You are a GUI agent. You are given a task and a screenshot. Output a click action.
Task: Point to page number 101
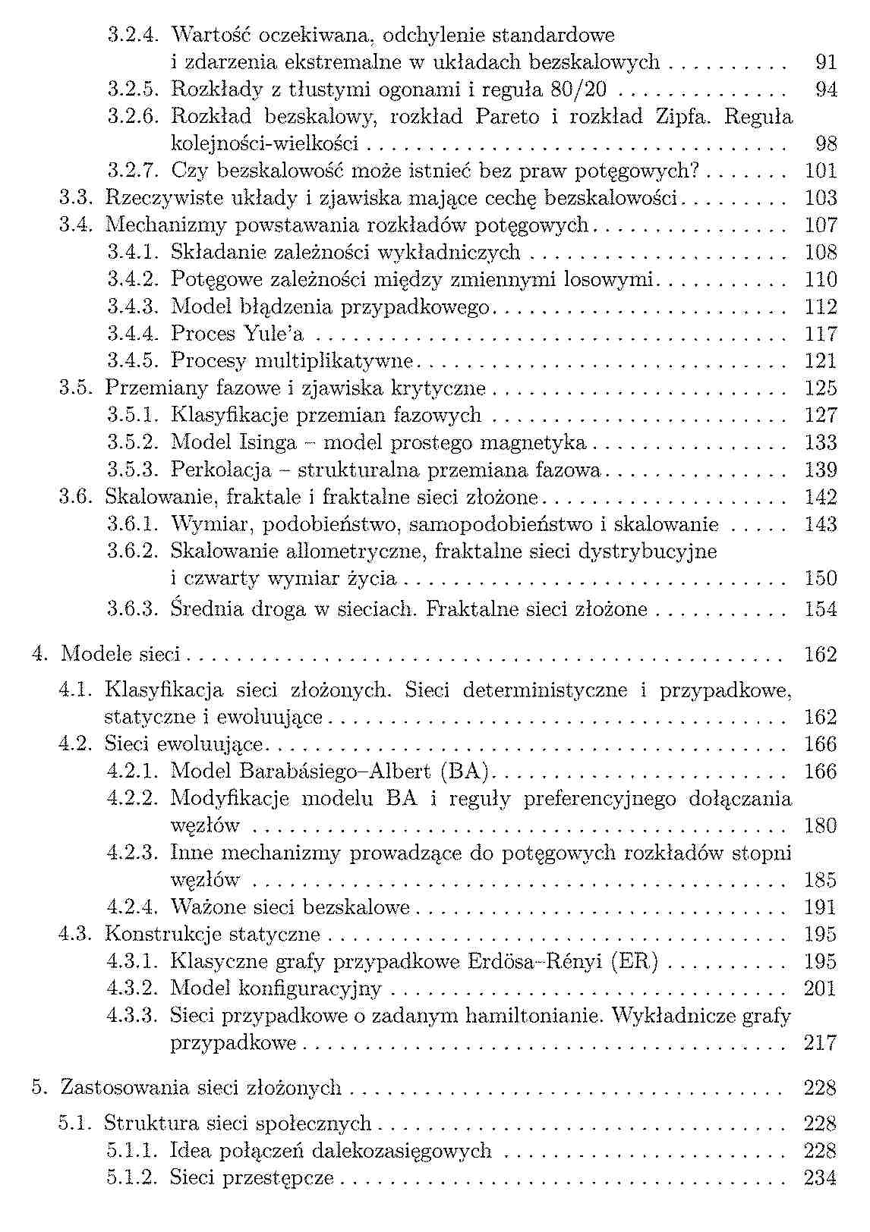[820, 171]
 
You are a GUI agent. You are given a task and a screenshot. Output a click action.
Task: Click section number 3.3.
[76, 198]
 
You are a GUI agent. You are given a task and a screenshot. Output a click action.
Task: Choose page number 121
[820, 361]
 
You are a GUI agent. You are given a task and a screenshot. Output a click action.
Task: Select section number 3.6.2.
[133, 552]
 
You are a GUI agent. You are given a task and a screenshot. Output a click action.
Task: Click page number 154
[820, 609]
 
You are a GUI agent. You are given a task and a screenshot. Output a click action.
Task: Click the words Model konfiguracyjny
[276, 988]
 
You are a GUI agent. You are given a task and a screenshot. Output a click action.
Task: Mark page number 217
[820, 1043]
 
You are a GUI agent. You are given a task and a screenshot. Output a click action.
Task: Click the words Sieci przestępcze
[252, 1178]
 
